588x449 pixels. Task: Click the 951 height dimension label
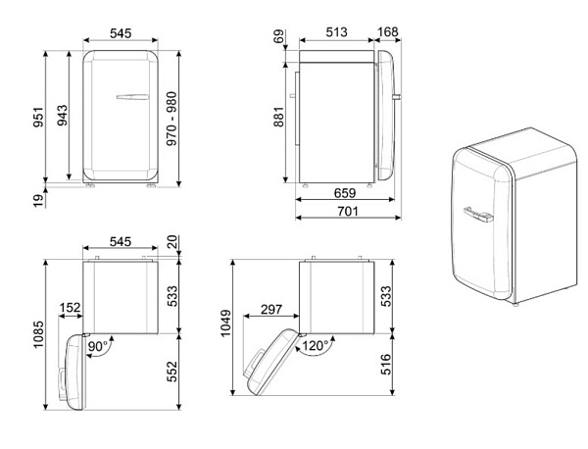(38, 117)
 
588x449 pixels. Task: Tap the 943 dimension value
(63, 115)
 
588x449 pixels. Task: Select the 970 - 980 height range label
(171, 119)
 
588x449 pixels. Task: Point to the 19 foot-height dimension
(38, 201)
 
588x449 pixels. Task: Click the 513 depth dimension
(336, 32)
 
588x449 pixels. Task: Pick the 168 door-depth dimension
(387, 32)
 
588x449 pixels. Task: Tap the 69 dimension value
(279, 36)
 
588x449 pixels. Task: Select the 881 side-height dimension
(279, 117)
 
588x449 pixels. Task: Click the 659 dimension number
(345, 193)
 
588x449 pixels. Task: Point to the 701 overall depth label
(348, 211)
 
